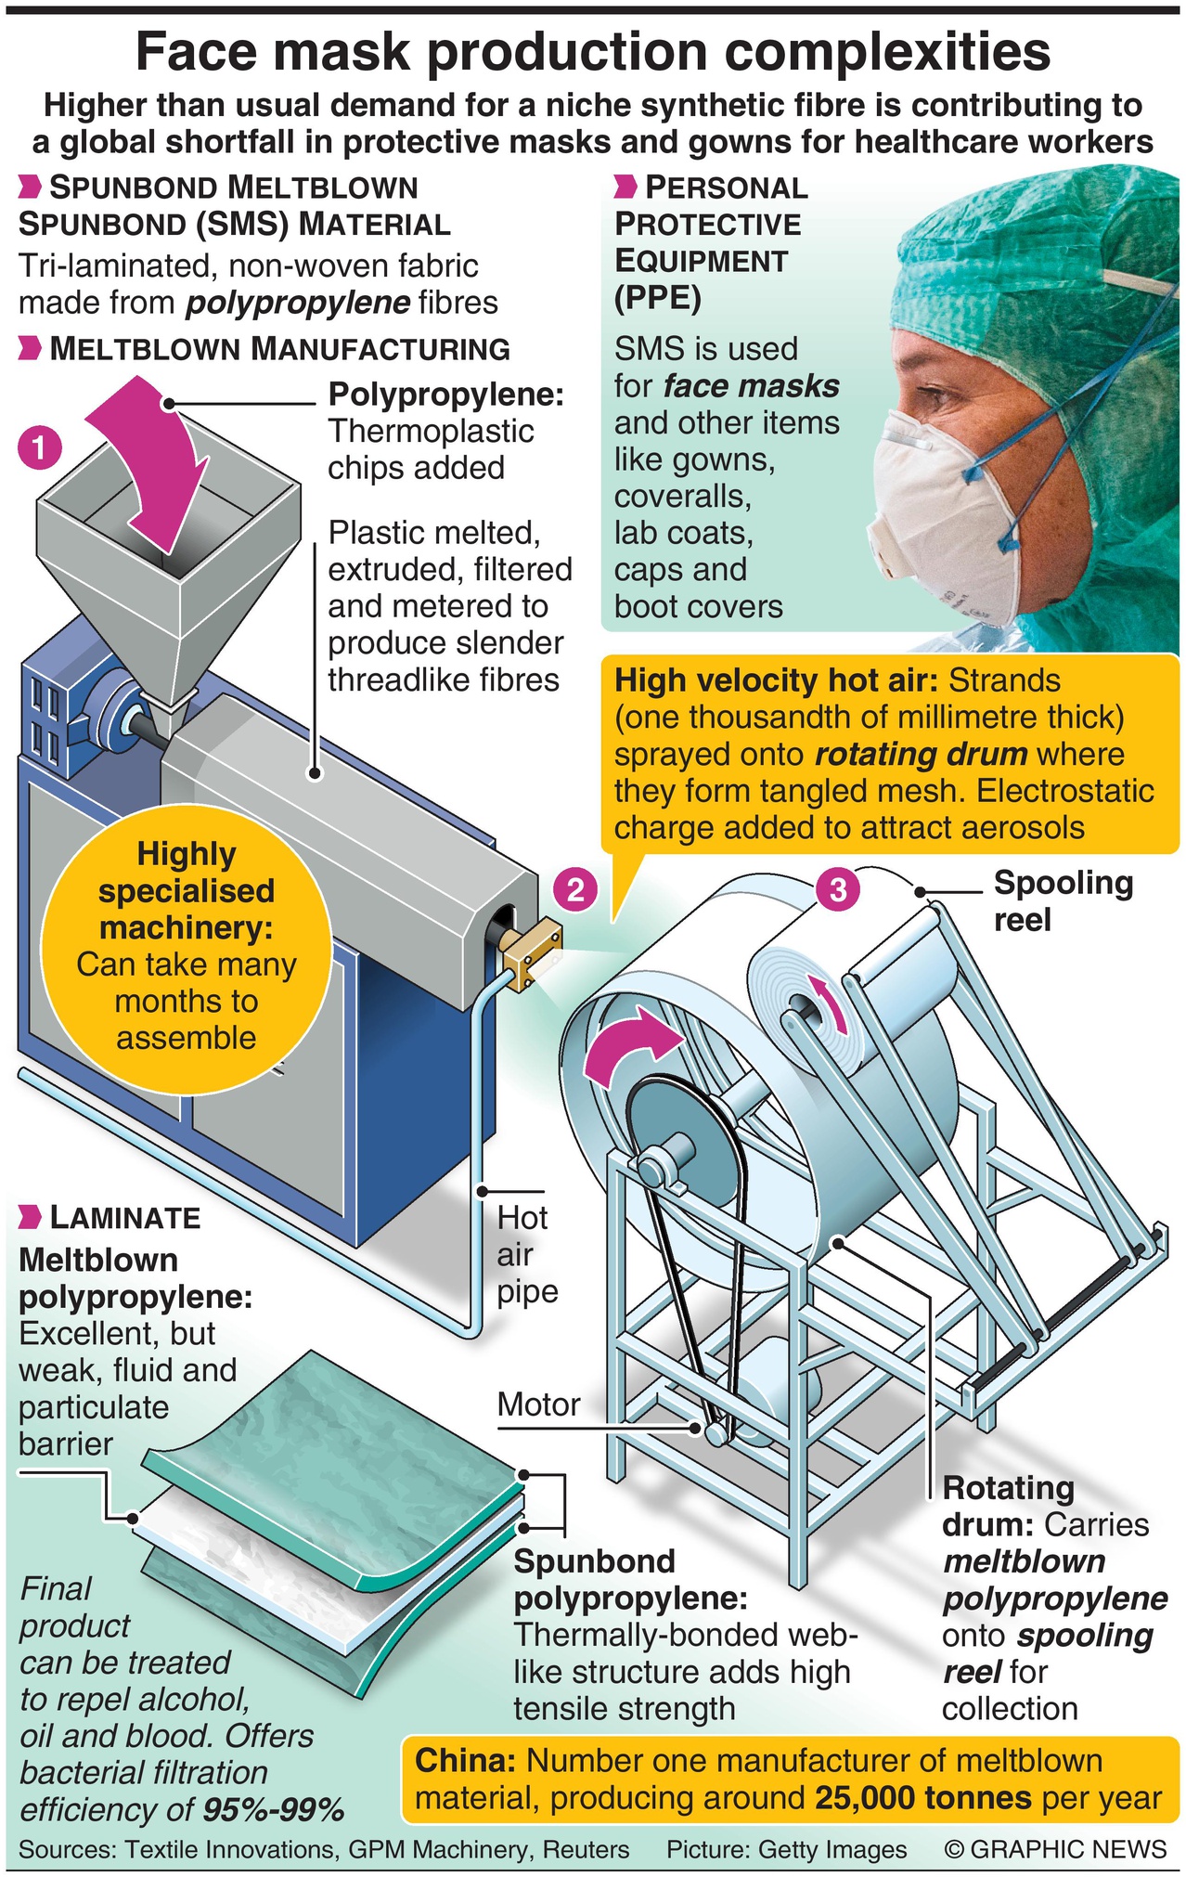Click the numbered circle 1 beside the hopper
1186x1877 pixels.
click(x=38, y=449)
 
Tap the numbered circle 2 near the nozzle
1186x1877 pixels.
click(x=574, y=890)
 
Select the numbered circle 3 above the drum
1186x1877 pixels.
click(x=838, y=890)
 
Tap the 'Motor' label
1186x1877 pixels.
click(x=538, y=1405)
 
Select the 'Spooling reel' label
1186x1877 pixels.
click(x=1062, y=901)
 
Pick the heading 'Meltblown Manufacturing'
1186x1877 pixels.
click(x=279, y=349)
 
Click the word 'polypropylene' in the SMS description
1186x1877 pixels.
click(x=298, y=303)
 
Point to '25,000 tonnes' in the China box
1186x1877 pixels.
click(x=923, y=1798)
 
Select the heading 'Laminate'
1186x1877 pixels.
click(x=124, y=1218)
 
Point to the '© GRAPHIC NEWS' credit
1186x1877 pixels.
click(x=1055, y=1849)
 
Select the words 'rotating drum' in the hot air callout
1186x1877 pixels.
click(x=921, y=755)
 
